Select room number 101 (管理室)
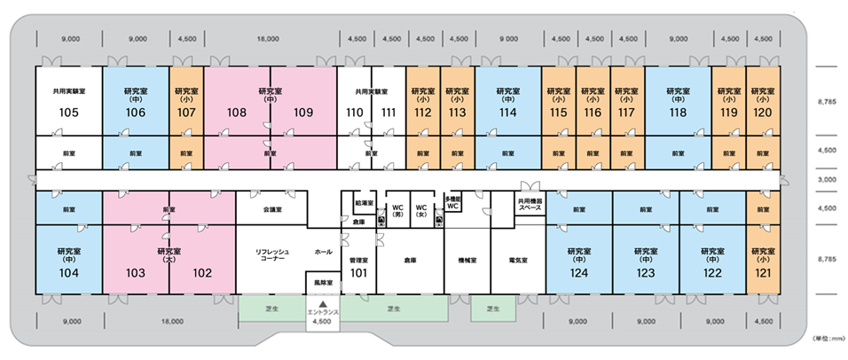click(358, 272)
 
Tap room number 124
click(579, 273)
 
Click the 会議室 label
click(272, 211)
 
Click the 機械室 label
click(467, 261)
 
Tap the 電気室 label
click(518, 261)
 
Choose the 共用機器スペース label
click(529, 205)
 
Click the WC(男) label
click(398, 210)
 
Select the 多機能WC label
click(451, 203)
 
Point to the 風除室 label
click(323, 283)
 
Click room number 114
click(507, 113)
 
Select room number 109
click(303, 113)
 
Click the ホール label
click(324, 252)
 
